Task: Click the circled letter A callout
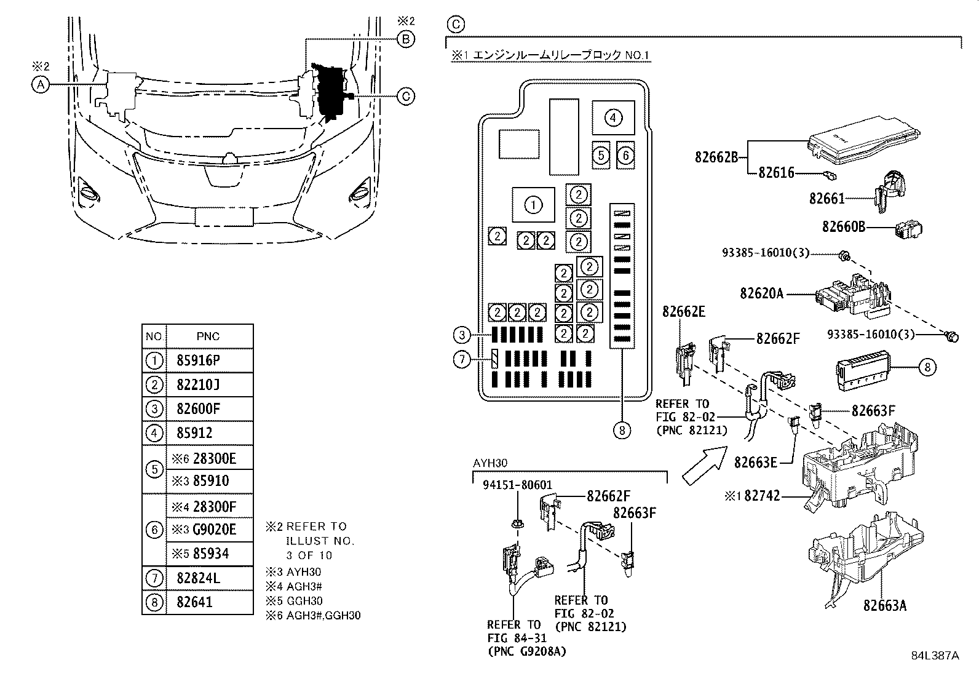(x=40, y=85)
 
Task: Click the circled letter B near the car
(x=406, y=39)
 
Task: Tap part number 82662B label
(x=716, y=157)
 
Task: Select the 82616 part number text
(x=777, y=173)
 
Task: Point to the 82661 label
(x=827, y=199)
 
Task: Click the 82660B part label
(x=844, y=228)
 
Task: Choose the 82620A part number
(x=761, y=294)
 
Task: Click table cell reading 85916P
(x=197, y=361)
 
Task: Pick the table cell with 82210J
(x=197, y=385)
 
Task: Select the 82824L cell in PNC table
(x=197, y=578)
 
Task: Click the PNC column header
(x=208, y=336)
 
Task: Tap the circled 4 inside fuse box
(x=612, y=117)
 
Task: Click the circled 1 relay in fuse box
(x=533, y=205)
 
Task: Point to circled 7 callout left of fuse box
(x=462, y=359)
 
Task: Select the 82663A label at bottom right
(x=884, y=606)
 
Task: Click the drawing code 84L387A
(x=935, y=656)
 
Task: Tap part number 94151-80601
(x=517, y=501)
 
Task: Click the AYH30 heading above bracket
(x=490, y=463)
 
